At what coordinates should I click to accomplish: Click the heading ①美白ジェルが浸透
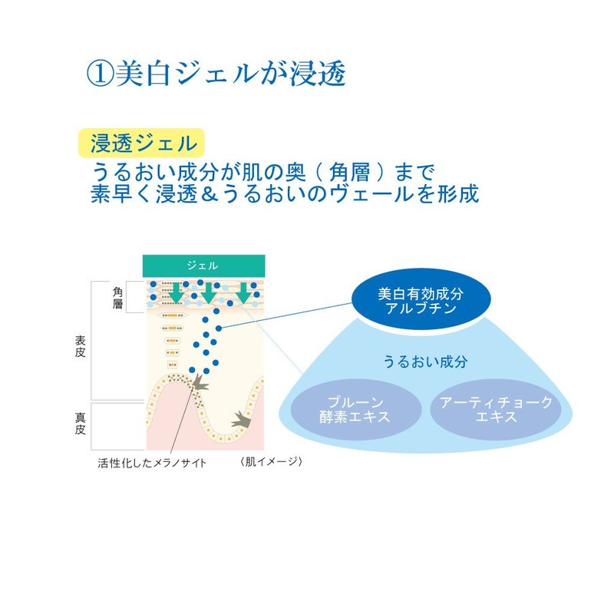(216, 73)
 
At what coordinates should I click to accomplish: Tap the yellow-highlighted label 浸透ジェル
(142, 143)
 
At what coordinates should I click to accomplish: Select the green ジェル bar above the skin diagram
(203, 266)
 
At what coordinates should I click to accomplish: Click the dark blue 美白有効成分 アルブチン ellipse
(421, 300)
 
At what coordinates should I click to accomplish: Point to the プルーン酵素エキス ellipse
(355, 409)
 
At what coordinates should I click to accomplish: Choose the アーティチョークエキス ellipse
(496, 409)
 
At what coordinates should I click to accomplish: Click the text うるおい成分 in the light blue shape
(425, 361)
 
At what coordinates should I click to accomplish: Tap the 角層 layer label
(117, 298)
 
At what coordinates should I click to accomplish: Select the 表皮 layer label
(80, 346)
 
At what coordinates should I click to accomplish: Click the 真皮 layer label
(80, 424)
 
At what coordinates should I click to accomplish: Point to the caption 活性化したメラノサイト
(152, 464)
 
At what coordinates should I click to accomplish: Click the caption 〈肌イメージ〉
(272, 462)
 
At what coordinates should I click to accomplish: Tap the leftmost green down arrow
(177, 292)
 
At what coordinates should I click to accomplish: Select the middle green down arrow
(209, 292)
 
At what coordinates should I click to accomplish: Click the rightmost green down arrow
(243, 292)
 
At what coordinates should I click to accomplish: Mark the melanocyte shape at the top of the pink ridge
(200, 383)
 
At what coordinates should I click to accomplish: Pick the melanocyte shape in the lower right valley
(241, 420)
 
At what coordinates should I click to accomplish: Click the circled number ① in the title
(101, 74)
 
